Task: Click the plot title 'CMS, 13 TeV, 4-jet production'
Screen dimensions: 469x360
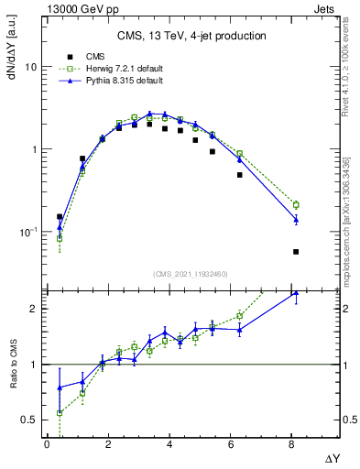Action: click(x=191, y=36)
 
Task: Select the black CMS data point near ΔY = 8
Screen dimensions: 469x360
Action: click(x=296, y=251)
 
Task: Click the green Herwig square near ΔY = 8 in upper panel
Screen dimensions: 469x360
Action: click(x=296, y=205)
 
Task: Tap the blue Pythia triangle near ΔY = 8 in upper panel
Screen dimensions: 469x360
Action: click(x=296, y=220)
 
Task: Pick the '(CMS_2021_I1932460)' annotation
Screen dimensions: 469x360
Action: click(x=190, y=274)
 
